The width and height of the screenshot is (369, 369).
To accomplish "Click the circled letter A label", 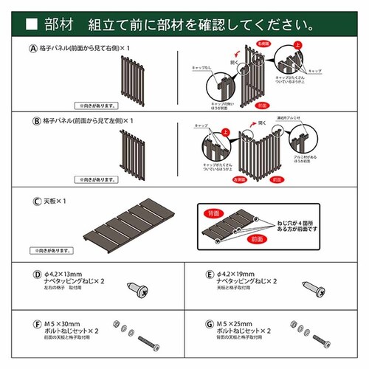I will click(32, 49).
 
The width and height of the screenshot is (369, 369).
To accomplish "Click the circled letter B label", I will click(32, 120).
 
